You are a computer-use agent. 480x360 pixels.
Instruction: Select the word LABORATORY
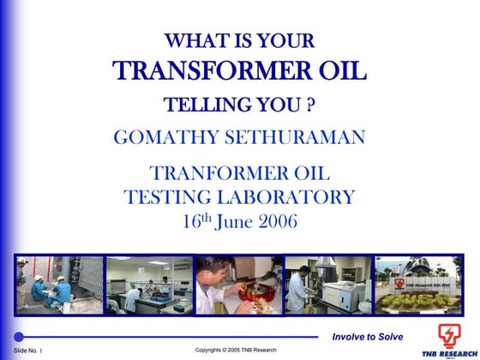(x=291, y=197)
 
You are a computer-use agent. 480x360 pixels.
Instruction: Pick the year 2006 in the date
(x=275, y=221)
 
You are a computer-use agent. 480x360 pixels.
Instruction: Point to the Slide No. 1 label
(x=28, y=351)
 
